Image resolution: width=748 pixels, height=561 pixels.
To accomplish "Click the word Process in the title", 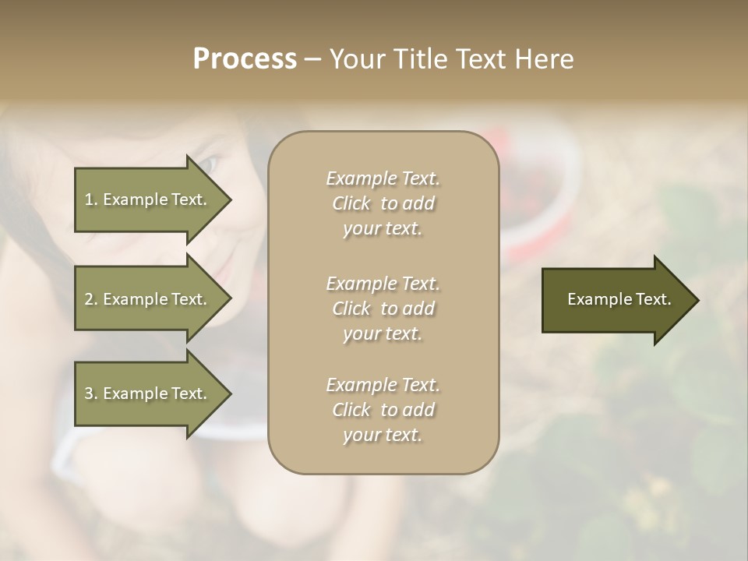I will point(245,59).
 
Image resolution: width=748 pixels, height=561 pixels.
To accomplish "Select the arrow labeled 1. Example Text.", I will point(148,199).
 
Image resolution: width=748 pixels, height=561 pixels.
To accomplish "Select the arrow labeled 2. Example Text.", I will point(148,299).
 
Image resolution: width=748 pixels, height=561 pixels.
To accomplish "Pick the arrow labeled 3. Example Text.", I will point(148,393).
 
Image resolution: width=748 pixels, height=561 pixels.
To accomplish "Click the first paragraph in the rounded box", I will point(383,203).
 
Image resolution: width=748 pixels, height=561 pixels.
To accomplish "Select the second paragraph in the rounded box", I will point(383,309).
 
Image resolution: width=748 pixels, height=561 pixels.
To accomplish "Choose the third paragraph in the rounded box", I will point(383,410).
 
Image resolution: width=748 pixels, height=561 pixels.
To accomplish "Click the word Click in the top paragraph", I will point(351,203).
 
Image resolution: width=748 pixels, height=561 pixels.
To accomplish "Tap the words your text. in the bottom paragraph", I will point(383,435).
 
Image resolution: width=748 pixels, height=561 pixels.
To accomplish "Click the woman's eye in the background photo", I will point(210,164).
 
